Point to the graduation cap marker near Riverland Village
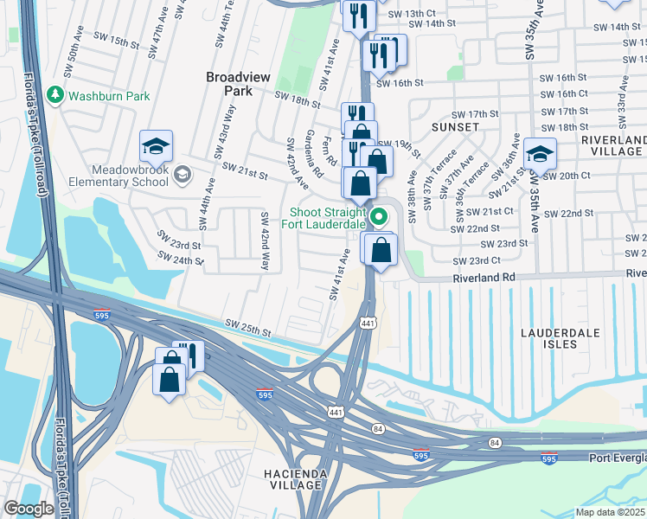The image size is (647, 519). (540, 155)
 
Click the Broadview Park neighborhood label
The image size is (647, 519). (238, 83)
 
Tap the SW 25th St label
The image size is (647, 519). (247, 329)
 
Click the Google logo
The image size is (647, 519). (29, 509)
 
